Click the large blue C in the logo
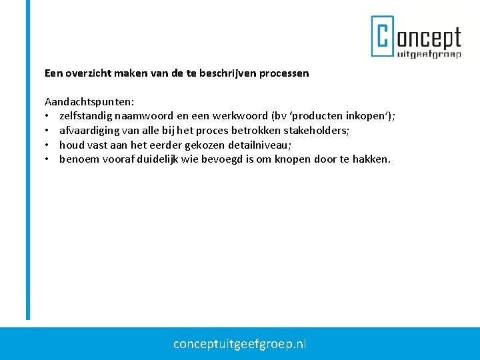383,37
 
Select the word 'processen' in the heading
285,73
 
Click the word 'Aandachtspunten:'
89,102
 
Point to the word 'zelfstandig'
85,116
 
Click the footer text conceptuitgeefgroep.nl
240,344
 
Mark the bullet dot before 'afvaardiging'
48,131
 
